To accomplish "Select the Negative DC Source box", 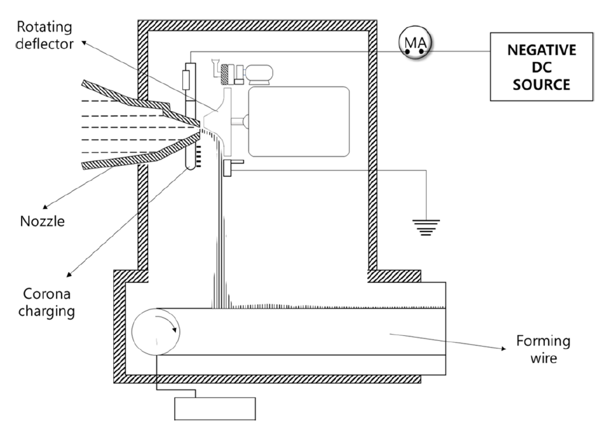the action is pyautogui.click(x=542, y=67).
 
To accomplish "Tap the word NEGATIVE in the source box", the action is pyautogui.click(x=542, y=50).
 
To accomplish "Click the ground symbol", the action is pyautogui.click(x=426, y=227).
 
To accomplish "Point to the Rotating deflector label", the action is pyautogui.click(x=44, y=35).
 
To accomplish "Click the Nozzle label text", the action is pyautogui.click(x=42, y=221).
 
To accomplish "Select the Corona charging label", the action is pyautogui.click(x=46, y=303).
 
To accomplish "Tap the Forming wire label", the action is pyautogui.click(x=543, y=349).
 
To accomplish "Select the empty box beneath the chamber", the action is pyautogui.click(x=215, y=409).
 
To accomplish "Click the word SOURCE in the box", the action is pyautogui.click(x=542, y=85).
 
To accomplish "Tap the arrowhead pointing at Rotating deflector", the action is pyautogui.click(x=84, y=42).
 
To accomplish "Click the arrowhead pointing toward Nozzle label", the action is pyautogui.click(x=45, y=207).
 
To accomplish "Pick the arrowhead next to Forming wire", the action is pyautogui.click(x=503, y=349).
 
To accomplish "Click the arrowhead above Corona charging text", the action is pyautogui.click(x=69, y=274).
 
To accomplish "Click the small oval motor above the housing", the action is pyautogui.click(x=260, y=74).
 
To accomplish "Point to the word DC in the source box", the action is pyautogui.click(x=542, y=67).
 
